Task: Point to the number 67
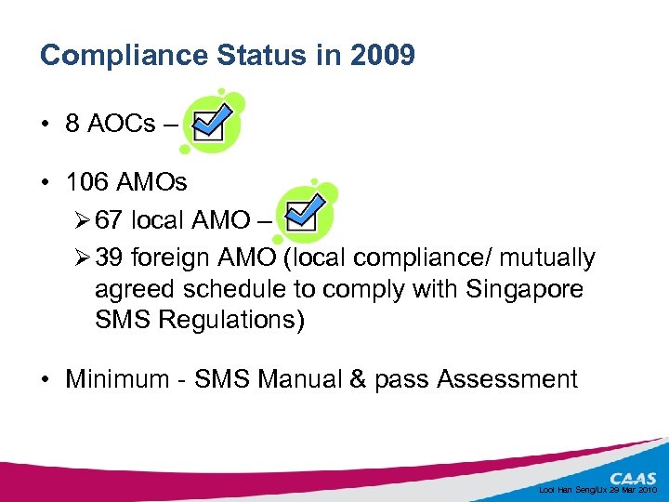pyautogui.click(x=109, y=220)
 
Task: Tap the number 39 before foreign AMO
pyautogui.click(x=109, y=257)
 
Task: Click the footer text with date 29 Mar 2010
pyautogui.click(x=598, y=489)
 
